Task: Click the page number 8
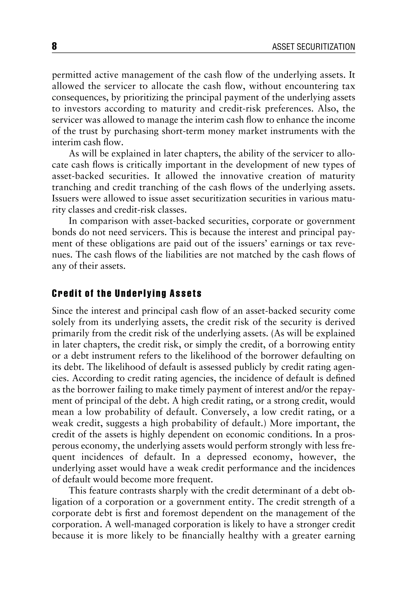pyautogui.click(x=54, y=47)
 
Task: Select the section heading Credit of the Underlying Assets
pyautogui.click(x=127, y=294)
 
